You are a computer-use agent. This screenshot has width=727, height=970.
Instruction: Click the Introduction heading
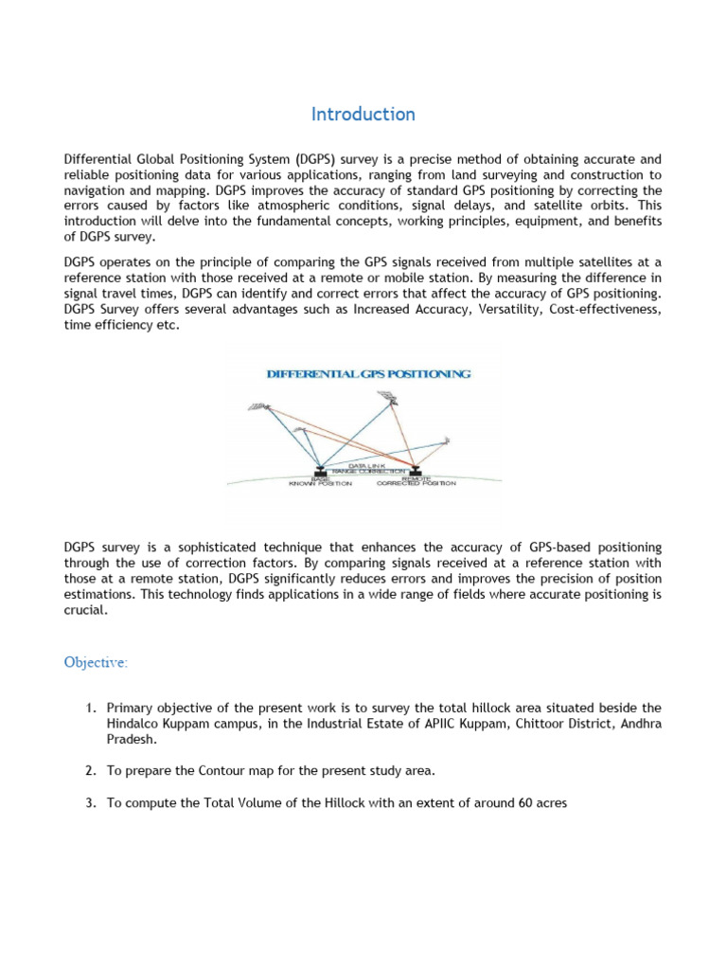(x=363, y=115)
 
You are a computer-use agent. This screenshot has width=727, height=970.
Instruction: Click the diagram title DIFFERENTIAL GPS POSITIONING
(x=368, y=374)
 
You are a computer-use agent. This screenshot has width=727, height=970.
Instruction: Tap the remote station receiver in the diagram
(x=415, y=470)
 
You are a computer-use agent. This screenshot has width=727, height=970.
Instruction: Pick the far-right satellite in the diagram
(x=445, y=440)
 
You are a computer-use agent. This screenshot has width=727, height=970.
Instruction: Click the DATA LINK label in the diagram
(x=368, y=466)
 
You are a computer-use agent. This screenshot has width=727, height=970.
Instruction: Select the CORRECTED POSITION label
(x=416, y=483)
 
